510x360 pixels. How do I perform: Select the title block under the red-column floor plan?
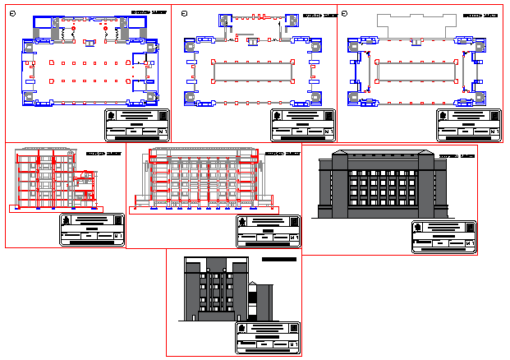tap(138, 124)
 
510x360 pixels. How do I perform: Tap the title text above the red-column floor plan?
tap(147, 14)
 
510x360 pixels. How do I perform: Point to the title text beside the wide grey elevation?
tap(457, 155)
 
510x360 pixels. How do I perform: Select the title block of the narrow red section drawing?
tap(92, 229)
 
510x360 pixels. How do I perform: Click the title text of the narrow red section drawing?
tap(103, 154)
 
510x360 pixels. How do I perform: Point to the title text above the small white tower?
tap(278, 259)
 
